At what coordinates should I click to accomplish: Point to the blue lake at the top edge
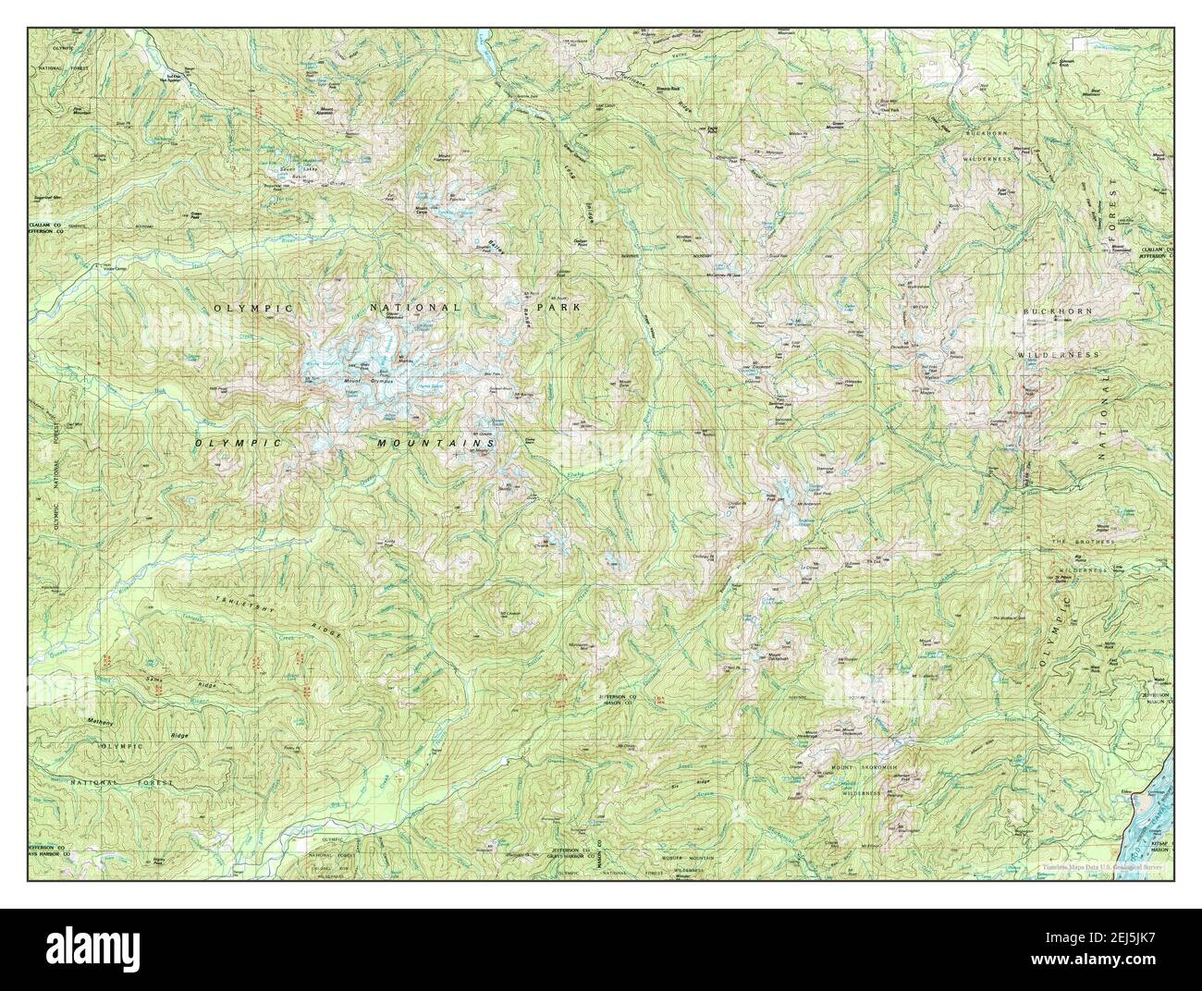click(x=481, y=41)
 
